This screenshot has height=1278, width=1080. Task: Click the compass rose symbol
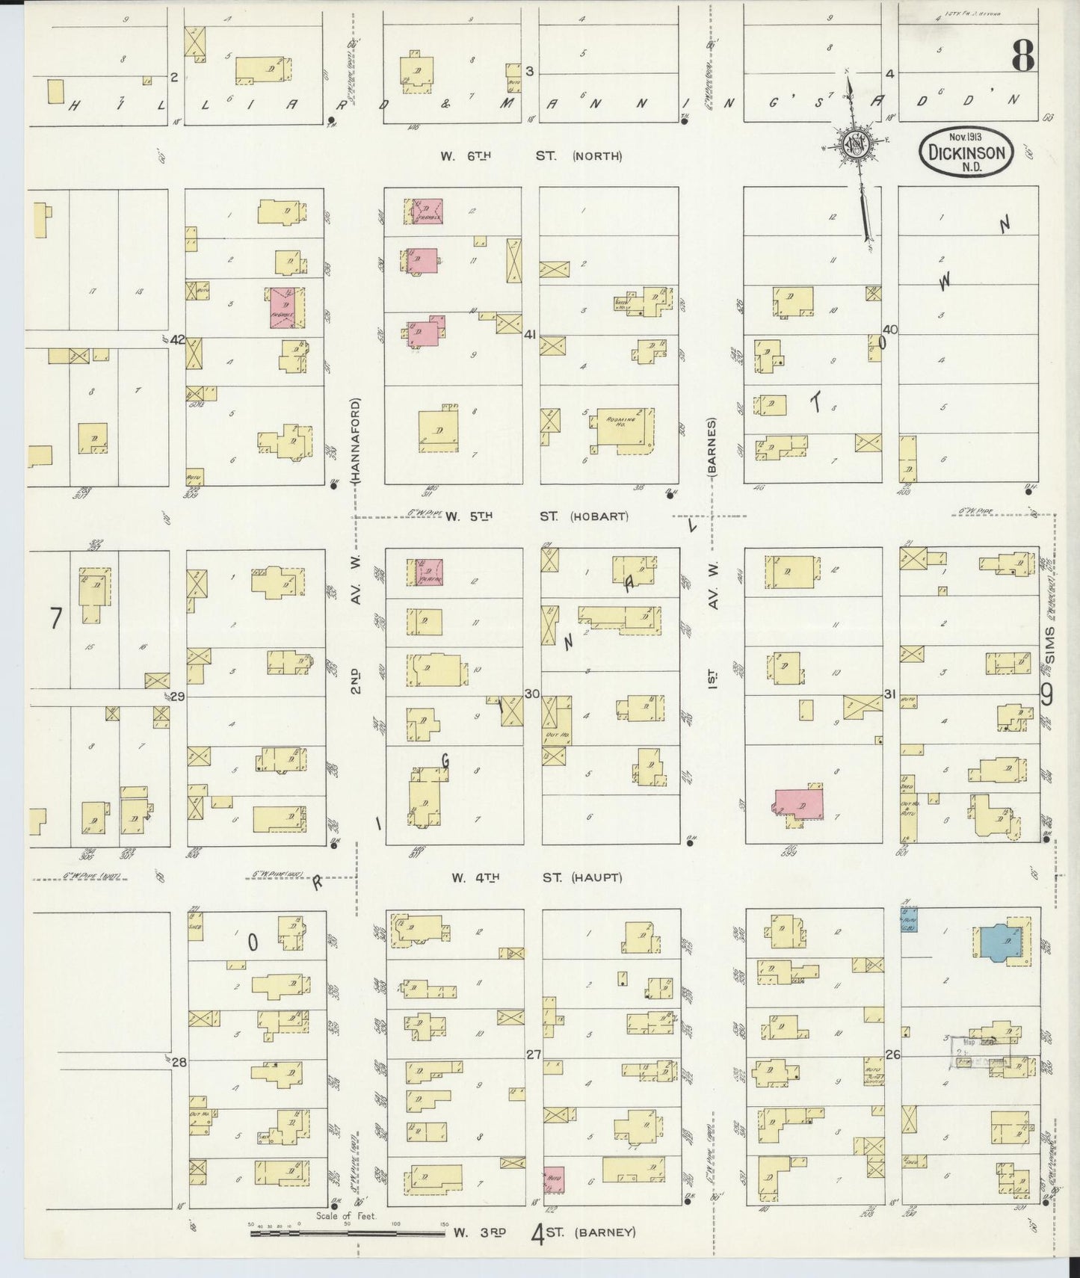coord(854,143)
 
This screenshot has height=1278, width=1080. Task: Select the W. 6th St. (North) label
coord(531,156)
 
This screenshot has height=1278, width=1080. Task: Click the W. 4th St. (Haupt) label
coord(536,877)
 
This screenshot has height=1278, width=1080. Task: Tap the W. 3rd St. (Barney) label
coord(544,1232)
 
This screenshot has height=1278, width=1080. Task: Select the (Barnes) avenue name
coord(712,447)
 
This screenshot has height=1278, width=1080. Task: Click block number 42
coord(177,339)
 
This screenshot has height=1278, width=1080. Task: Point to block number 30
coord(531,694)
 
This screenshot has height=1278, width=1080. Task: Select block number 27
coord(533,1055)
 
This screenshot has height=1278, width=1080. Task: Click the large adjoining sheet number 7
coord(55,619)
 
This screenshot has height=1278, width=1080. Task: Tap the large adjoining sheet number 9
coord(1046,695)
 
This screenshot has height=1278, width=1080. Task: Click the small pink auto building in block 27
coord(553,1179)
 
